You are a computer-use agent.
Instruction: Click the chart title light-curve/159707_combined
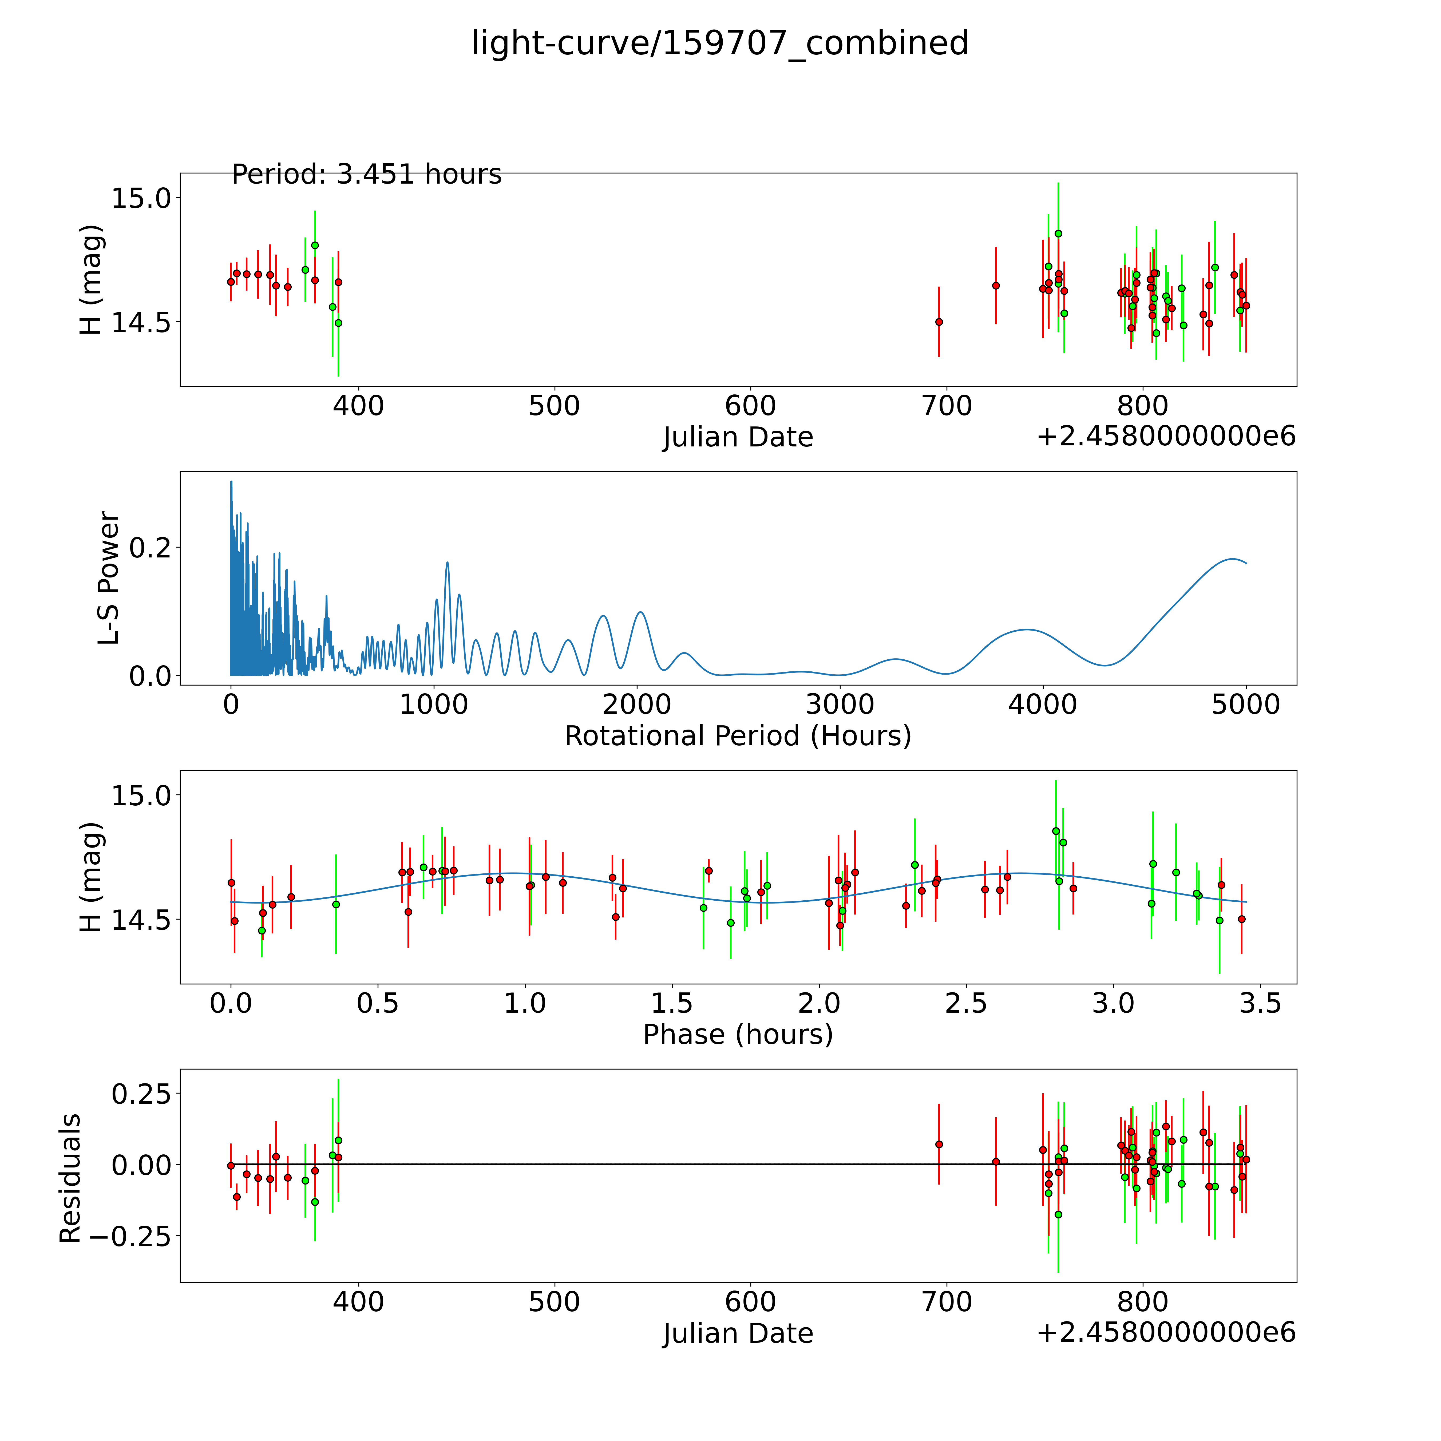click(x=720, y=43)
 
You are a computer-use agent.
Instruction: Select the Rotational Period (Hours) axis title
click(x=738, y=736)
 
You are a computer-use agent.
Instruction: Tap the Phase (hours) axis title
click(x=738, y=1035)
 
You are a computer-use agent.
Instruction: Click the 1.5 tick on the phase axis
click(x=672, y=1003)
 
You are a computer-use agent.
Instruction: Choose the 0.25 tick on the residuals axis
click(x=141, y=1094)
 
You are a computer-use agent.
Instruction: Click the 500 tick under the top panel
click(x=554, y=406)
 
